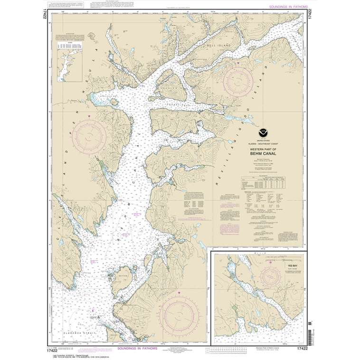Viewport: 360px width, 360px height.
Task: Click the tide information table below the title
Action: (x=263, y=182)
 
